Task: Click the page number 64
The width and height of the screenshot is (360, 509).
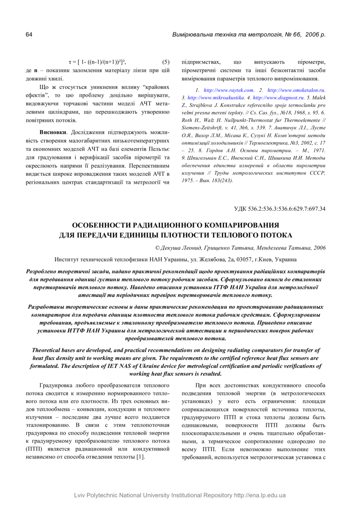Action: (x=29, y=34)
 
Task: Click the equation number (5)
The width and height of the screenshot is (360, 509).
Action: (x=166, y=62)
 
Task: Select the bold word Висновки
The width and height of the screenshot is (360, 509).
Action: (x=53, y=132)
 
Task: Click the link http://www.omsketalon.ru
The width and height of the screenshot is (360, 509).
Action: (x=296, y=89)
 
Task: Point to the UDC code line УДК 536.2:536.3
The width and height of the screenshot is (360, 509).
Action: (x=280, y=209)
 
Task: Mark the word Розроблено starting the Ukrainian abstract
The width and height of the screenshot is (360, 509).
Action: (x=44, y=271)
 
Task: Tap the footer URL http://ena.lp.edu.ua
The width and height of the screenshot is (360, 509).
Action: (x=260, y=495)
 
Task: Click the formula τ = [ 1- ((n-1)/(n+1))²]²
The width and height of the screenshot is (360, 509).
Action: (x=97, y=62)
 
